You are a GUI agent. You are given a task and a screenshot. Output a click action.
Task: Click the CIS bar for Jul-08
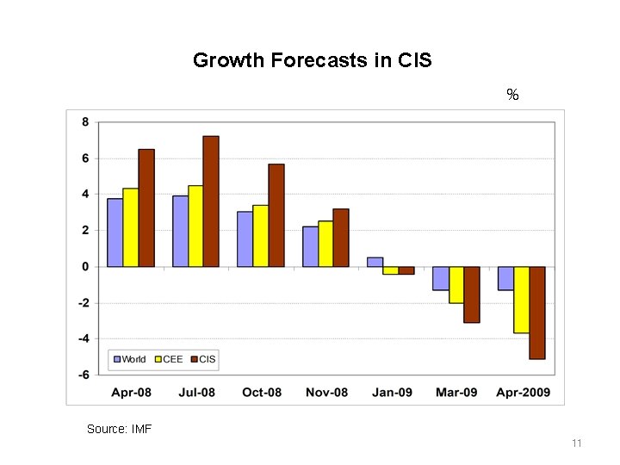pos(211,201)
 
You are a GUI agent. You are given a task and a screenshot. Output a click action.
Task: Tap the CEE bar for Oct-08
pos(260,236)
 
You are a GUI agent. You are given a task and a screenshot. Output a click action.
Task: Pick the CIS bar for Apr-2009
pos(536,313)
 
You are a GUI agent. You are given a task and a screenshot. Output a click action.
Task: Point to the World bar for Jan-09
pos(375,262)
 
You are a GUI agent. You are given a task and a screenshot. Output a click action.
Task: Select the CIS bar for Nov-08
pos(341,238)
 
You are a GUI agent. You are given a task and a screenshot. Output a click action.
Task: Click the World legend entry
pos(129,359)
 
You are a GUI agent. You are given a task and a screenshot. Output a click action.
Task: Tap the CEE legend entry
pos(168,359)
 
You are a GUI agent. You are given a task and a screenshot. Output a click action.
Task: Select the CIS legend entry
pos(203,359)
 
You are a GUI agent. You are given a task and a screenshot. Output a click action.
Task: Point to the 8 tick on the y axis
pos(84,122)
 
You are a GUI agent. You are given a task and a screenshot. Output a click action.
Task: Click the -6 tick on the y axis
pos(83,375)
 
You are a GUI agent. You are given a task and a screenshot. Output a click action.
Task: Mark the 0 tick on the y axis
pos(84,267)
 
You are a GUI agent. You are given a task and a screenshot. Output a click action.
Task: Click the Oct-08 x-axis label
pos(262,393)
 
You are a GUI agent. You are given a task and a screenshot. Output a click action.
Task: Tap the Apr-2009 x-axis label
pos(525,393)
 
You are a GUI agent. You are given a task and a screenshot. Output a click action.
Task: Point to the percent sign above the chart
pos(512,95)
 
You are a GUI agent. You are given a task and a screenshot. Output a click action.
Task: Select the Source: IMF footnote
pos(119,428)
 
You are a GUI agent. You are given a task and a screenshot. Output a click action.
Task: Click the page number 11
pos(577,443)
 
